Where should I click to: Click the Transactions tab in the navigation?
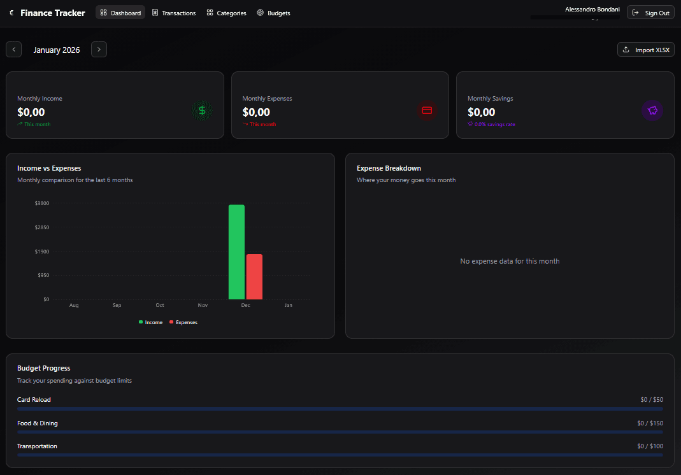click(174, 13)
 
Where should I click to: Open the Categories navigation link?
click(226, 13)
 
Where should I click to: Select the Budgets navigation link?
click(273, 13)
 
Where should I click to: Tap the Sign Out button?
click(650, 13)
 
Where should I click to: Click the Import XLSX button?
click(646, 50)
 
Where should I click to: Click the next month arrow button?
click(99, 50)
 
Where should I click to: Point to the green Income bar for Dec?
click(236, 252)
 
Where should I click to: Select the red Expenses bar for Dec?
click(254, 276)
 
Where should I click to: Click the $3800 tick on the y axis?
click(42, 203)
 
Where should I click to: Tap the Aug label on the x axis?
click(74, 306)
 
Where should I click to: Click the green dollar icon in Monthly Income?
click(202, 111)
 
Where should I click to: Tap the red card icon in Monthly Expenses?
click(427, 111)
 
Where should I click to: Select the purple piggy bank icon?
click(652, 111)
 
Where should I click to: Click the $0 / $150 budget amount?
click(650, 423)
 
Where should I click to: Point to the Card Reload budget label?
click(34, 400)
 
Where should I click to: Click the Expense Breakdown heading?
click(389, 168)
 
